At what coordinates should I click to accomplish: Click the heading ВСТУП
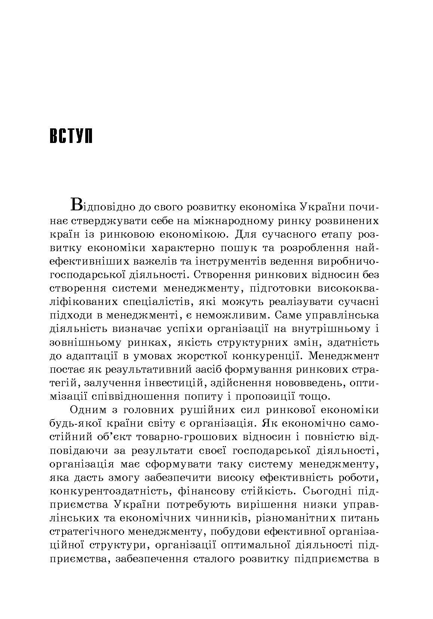pyautogui.click(x=71, y=137)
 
